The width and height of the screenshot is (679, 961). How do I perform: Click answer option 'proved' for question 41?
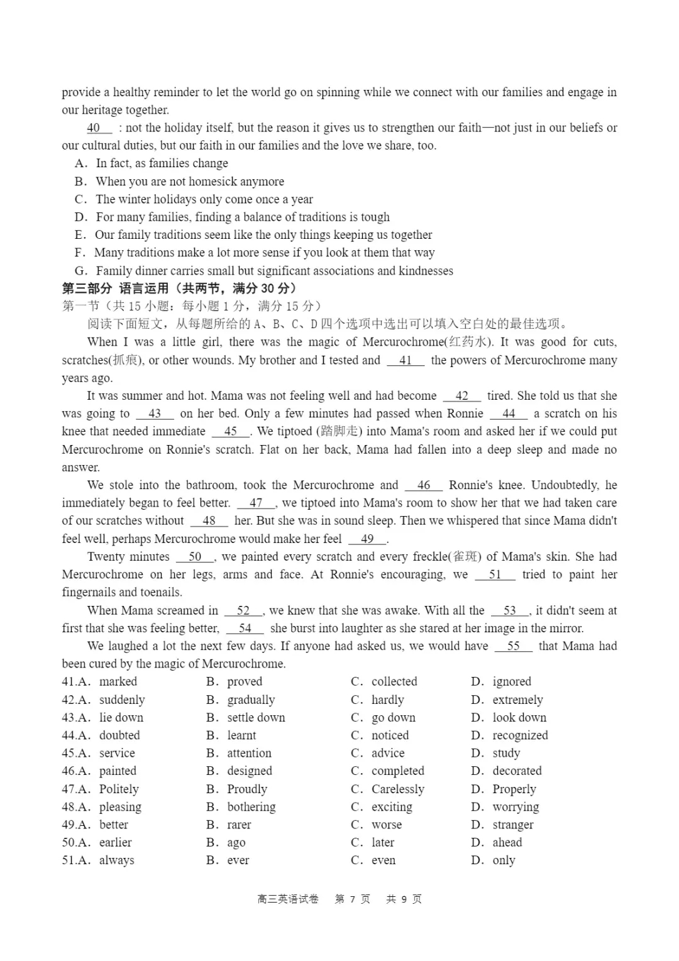tap(244, 681)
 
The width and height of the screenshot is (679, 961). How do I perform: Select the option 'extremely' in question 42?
tap(517, 700)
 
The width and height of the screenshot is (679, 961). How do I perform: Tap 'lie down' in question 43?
tap(121, 717)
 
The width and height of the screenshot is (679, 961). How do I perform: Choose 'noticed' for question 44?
tap(390, 735)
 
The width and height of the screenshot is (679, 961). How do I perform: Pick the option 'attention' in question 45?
tap(249, 753)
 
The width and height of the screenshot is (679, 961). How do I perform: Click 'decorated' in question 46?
tap(517, 771)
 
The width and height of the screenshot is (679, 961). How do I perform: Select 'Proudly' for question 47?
tap(246, 789)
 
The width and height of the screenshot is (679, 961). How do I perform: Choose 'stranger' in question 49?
tap(513, 825)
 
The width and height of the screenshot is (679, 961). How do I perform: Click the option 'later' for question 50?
tap(383, 842)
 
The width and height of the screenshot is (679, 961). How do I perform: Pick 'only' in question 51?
tap(504, 860)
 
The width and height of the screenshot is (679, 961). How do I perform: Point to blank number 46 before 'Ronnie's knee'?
tap(424, 485)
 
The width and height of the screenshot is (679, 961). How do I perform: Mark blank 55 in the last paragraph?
tap(513, 646)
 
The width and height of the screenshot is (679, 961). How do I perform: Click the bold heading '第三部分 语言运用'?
tap(179, 288)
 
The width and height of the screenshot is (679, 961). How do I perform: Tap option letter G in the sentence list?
tap(80, 271)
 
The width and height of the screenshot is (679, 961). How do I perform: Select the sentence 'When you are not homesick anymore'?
tap(190, 182)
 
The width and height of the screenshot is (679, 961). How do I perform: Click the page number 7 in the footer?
tap(352, 899)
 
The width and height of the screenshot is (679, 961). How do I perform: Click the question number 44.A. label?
tap(75, 735)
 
